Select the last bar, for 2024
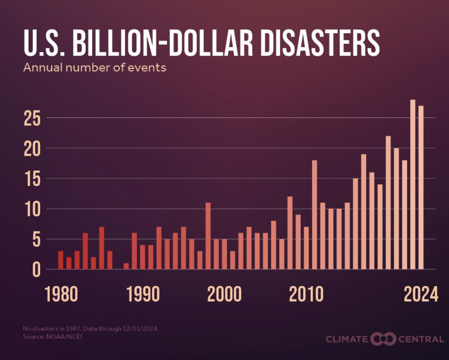coord(421,187)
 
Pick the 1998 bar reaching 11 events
coord(208,236)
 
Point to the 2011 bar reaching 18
coord(314,215)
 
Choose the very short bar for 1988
coord(126,266)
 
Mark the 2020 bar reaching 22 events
coord(388,203)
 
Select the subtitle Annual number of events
coord(95,68)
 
